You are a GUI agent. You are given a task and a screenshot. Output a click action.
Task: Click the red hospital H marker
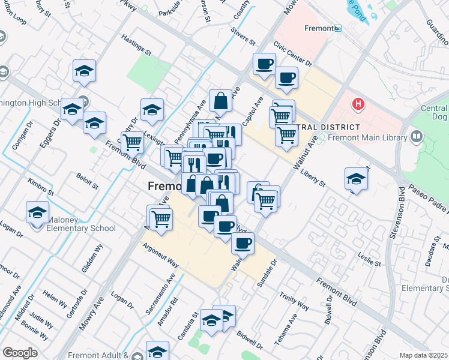pos(358,104)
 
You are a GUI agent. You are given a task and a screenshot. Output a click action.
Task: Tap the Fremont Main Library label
pos(364,138)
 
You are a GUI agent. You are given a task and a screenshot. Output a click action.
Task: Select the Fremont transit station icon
pos(338,28)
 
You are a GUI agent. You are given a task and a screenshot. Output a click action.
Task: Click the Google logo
pos(20,353)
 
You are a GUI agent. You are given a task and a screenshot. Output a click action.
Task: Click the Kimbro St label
pos(41,187)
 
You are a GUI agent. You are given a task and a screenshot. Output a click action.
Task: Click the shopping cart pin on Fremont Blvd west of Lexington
pos(132,142)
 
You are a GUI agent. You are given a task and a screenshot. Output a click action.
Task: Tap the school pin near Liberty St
pos(356,179)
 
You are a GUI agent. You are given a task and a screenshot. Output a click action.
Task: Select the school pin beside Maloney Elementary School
pos(37,212)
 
